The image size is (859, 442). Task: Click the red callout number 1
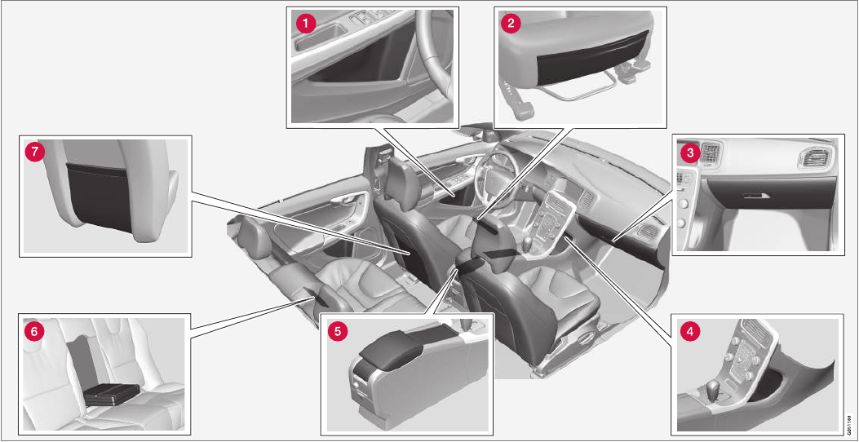[305, 23]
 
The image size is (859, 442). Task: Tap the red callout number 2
[511, 23]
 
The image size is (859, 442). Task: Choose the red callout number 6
[34, 331]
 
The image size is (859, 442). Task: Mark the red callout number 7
[34, 152]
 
